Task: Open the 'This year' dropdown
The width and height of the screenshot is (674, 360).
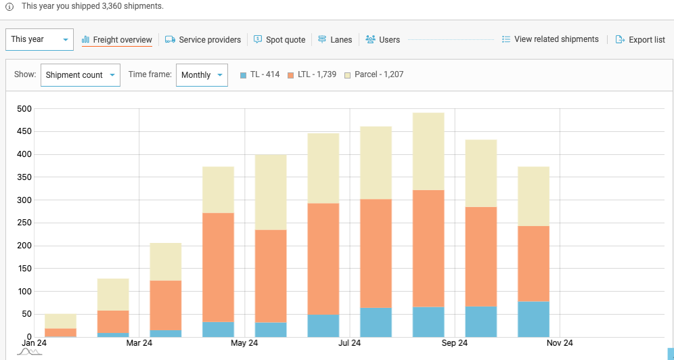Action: [x=39, y=40]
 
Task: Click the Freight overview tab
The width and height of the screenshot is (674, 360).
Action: [x=116, y=40]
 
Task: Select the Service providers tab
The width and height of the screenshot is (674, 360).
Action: [x=203, y=40]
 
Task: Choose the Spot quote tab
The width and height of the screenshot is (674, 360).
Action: [x=279, y=40]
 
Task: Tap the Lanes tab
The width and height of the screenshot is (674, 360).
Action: [x=335, y=40]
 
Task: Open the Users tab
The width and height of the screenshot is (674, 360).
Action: [x=382, y=40]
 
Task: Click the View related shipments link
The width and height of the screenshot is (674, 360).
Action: [x=550, y=39]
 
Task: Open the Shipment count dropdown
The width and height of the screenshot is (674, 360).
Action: [x=80, y=75]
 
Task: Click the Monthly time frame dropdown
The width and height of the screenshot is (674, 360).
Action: [x=202, y=75]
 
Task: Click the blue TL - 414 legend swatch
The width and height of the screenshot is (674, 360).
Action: [x=243, y=75]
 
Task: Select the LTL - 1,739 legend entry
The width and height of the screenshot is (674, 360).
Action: [x=312, y=74]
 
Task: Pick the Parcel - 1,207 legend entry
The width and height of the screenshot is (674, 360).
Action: [x=374, y=74]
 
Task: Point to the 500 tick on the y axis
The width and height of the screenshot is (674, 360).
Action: [x=24, y=108]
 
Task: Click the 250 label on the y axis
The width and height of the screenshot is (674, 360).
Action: [x=24, y=223]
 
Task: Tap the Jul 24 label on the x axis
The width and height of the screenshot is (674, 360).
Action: [x=349, y=343]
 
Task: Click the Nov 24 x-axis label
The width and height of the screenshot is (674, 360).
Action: [x=560, y=343]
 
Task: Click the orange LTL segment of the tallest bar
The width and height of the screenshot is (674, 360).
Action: [x=428, y=248]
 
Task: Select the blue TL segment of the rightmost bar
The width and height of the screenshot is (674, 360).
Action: [x=533, y=319]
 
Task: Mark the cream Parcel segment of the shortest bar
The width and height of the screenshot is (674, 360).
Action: [x=60, y=321]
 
